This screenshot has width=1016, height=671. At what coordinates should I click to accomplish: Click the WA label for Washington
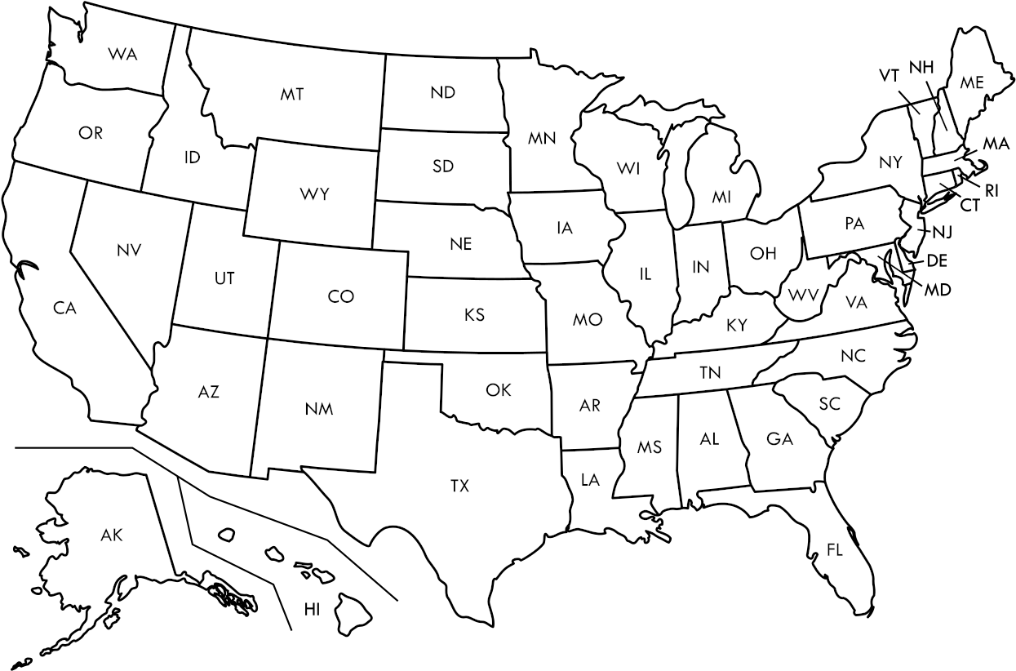pos(122,54)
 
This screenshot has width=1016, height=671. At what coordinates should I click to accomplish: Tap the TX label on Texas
pos(459,486)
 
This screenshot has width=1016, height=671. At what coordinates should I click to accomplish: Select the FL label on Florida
pos(834,550)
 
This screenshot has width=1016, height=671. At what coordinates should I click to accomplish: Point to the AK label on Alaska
pos(112,535)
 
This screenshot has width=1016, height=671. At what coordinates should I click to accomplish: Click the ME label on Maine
pos(971,82)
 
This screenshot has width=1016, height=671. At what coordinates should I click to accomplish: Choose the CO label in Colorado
pos(340,296)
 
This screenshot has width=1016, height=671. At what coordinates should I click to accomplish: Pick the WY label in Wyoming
pos(314,194)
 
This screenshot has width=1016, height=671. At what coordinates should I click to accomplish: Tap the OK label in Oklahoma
pos(498,390)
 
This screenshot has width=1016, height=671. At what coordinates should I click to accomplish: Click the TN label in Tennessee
pos(710,372)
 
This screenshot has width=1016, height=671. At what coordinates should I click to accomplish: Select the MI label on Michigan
pos(721,197)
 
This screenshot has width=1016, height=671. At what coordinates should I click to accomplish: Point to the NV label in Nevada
pos(129,250)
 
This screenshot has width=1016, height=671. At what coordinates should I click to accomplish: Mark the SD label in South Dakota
pos(443,167)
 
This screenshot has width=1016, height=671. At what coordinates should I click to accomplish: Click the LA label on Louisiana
pos(590,480)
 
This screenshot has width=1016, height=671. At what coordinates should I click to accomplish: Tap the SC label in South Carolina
pos(829,403)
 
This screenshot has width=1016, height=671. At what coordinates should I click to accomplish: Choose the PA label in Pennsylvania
pos(854,224)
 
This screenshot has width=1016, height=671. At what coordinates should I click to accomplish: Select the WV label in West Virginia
pos(803,293)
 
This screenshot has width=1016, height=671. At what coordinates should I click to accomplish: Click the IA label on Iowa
pos(565,228)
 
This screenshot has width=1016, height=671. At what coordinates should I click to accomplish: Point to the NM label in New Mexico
pos(319,408)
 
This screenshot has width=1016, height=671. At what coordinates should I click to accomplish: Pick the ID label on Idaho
pos(192,157)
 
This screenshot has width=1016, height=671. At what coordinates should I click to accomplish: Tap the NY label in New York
pos(890,162)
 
